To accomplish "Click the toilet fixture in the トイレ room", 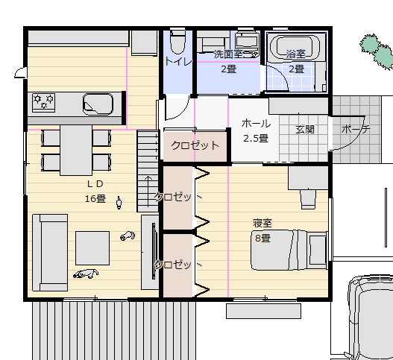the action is click(x=177, y=41).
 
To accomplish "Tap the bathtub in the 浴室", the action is click(x=295, y=48).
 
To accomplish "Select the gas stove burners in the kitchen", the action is click(x=43, y=102).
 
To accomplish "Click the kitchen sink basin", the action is click(x=98, y=104).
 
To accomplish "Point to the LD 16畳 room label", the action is click(x=95, y=191).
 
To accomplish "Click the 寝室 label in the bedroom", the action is click(x=262, y=223).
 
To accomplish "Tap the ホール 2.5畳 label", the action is click(x=256, y=130).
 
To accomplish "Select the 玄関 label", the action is click(x=305, y=130).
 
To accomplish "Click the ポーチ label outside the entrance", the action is click(x=356, y=129).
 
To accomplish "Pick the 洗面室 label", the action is click(x=228, y=54).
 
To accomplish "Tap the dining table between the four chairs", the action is click(x=76, y=150).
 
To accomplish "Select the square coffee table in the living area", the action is click(x=92, y=248).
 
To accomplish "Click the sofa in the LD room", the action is click(x=50, y=253).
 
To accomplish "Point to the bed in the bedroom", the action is click(x=289, y=250).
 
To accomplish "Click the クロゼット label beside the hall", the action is click(x=195, y=145).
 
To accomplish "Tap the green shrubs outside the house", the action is click(x=377, y=51).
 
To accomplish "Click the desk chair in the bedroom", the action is click(x=308, y=199).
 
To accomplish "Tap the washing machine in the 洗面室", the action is click(x=247, y=41).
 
